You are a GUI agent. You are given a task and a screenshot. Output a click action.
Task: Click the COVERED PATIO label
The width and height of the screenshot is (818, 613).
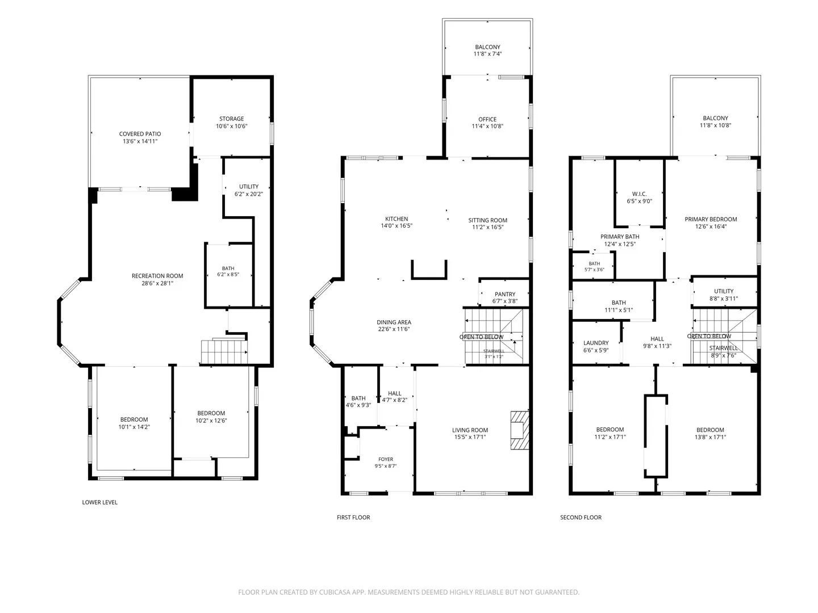pyautogui.click(x=140, y=134)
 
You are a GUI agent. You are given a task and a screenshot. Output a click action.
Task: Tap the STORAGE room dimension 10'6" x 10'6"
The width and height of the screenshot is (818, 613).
pyautogui.click(x=231, y=126)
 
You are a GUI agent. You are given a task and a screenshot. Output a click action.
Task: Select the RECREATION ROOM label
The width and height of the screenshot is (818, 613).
pyautogui.click(x=157, y=276)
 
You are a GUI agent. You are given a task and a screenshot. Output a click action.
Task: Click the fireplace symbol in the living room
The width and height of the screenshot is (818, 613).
pyautogui.click(x=520, y=430)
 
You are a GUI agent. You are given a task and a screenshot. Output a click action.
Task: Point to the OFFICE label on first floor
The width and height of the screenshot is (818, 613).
pyautogui.click(x=487, y=119)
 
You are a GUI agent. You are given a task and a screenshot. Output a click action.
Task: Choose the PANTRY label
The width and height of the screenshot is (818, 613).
pyautogui.click(x=505, y=295)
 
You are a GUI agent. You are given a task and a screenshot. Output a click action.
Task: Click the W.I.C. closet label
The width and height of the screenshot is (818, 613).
pyautogui.click(x=639, y=194)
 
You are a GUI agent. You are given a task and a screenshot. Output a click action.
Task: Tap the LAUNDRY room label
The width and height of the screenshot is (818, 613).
pyautogui.click(x=596, y=343)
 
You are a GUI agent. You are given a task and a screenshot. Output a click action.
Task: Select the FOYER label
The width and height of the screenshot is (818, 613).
pyautogui.click(x=386, y=459)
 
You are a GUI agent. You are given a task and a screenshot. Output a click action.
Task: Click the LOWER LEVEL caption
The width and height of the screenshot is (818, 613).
pyautogui.click(x=99, y=502)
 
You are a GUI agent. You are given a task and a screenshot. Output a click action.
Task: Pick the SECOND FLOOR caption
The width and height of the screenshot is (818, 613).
pyautogui.click(x=581, y=517)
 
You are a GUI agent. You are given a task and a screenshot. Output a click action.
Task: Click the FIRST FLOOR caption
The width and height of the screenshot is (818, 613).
pyautogui.click(x=353, y=517)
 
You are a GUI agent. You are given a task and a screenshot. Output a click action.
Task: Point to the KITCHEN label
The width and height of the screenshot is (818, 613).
pyautogui.click(x=397, y=219)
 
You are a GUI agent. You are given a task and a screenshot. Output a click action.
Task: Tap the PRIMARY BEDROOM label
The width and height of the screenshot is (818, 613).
pyautogui.click(x=711, y=219)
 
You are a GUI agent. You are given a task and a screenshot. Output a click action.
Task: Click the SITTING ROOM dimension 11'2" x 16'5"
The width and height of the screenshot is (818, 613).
pyautogui.click(x=488, y=227)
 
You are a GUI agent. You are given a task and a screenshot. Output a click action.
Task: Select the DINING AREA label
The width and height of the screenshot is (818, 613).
pyautogui.click(x=394, y=322)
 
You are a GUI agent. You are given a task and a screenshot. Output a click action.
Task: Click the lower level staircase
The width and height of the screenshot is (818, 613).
pyautogui.click(x=224, y=352)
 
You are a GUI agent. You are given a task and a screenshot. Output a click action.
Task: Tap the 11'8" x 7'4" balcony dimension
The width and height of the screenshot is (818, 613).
pyautogui.click(x=487, y=54)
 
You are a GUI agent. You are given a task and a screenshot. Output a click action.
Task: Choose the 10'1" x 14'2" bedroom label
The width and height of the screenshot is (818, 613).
pyautogui.click(x=134, y=427)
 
